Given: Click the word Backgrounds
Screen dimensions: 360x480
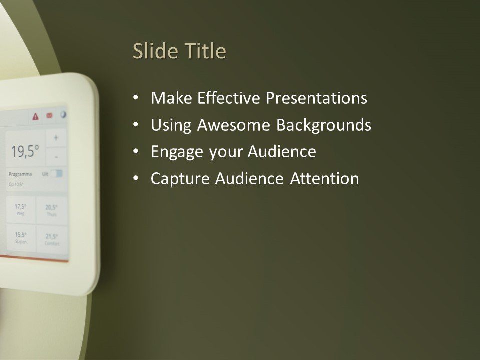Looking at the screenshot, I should [324, 125].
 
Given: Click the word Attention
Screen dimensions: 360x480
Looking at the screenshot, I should [325, 178].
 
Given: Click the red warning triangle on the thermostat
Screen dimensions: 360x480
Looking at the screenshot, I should [35, 117].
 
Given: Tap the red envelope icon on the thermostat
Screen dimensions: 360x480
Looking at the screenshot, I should [49, 116].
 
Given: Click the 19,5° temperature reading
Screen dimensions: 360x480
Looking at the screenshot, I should [25, 151].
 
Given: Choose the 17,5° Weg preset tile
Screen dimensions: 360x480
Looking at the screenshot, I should [20, 209].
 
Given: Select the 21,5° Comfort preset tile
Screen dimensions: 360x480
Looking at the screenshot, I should [52, 239].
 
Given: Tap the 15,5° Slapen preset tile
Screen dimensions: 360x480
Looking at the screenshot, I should [20, 237].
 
